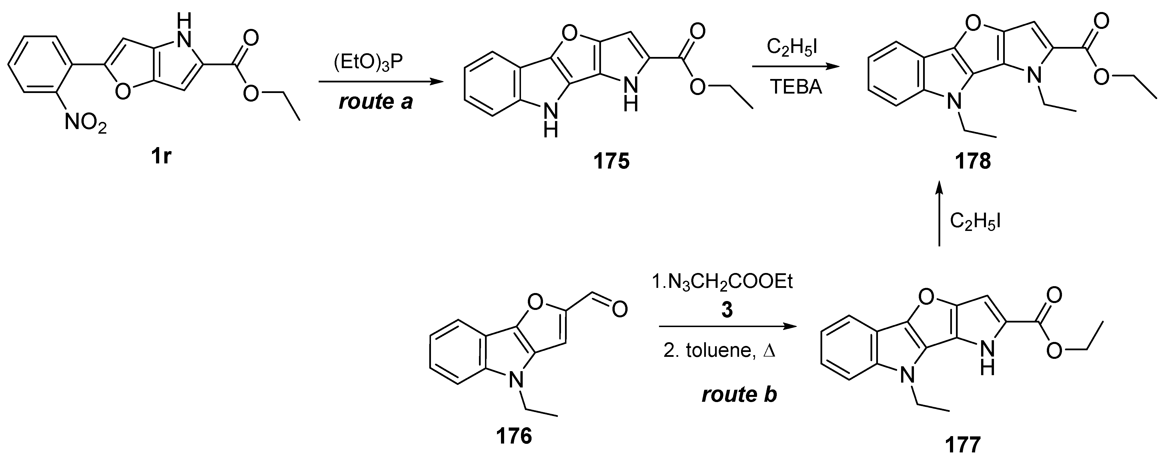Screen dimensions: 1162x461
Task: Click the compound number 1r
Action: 161,158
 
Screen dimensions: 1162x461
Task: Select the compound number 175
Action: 611,161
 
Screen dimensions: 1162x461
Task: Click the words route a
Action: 376,102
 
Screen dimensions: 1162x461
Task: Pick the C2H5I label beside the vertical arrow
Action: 975,222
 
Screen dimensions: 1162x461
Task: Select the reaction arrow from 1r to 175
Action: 379,82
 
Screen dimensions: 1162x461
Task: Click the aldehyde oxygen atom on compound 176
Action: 619,310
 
